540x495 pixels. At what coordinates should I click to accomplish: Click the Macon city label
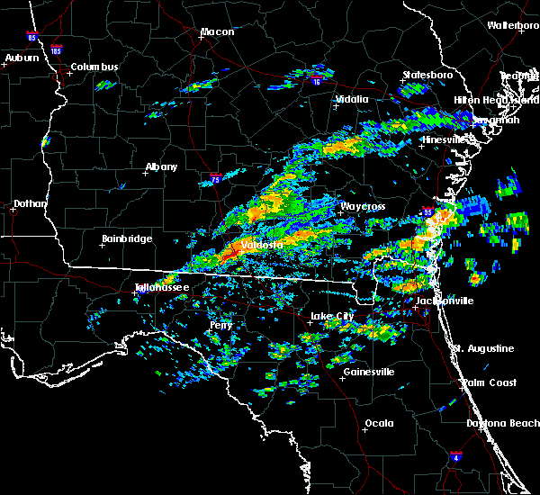pyautogui.click(x=217, y=32)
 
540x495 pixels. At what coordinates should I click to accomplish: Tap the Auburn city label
pyautogui.click(x=22, y=58)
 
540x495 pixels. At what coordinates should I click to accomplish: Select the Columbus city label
pyautogui.click(x=94, y=67)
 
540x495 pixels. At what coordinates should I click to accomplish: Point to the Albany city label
pyautogui.click(x=161, y=166)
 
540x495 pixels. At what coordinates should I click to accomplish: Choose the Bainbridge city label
pyautogui.click(x=126, y=239)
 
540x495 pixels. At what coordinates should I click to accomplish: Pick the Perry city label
pyautogui.click(x=220, y=325)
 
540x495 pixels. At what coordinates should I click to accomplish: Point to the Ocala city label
pyautogui.click(x=378, y=423)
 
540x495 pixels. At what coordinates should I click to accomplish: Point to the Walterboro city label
pyautogui.click(x=512, y=25)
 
